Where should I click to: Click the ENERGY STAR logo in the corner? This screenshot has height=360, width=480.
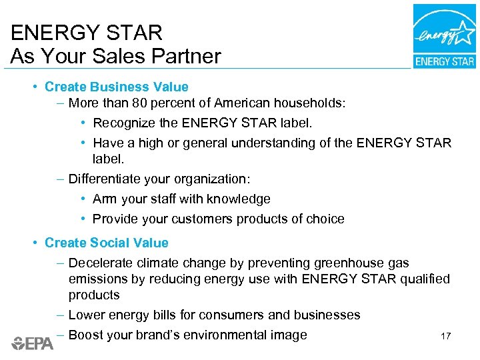pyautogui.click(x=444, y=36)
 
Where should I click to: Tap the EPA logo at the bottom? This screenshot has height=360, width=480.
pyautogui.click(x=32, y=343)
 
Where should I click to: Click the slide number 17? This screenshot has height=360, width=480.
pyautogui.click(x=445, y=336)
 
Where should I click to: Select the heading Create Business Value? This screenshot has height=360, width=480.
pyautogui.click(x=117, y=87)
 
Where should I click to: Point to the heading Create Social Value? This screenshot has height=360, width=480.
pyautogui.click(x=107, y=243)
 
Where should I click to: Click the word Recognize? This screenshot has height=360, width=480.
pyautogui.click(x=124, y=123)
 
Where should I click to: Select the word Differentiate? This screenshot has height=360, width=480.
pyautogui.click(x=109, y=179)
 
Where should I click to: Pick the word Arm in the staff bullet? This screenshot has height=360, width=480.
pyautogui.click(x=105, y=199)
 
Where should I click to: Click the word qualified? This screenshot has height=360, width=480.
pyautogui.click(x=425, y=279)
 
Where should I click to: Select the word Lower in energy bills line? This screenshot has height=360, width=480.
pyautogui.click(x=86, y=315)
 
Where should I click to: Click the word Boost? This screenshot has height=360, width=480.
pyautogui.click(x=86, y=335)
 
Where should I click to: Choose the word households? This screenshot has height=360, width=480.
pyautogui.click(x=312, y=103)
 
